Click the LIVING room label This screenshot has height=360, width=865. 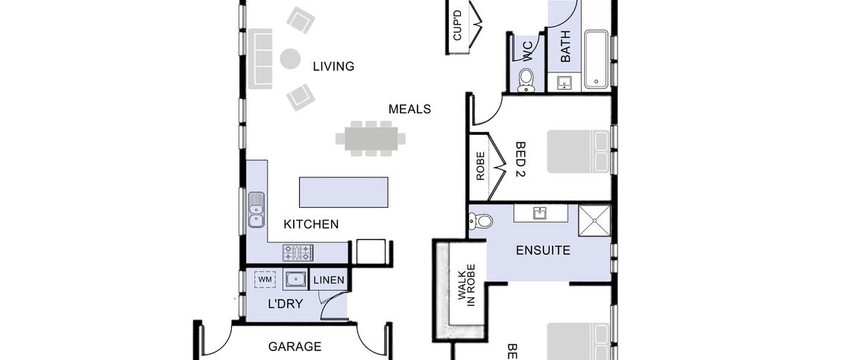pos(333,66)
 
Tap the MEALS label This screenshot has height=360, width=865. pos(409,109)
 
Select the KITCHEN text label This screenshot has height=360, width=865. pos(311,224)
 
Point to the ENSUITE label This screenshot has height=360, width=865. pos(543,250)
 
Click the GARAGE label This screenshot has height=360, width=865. pos(295,347)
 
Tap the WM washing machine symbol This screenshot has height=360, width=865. pos(265,280)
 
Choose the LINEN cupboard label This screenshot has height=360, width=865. pos(329,280)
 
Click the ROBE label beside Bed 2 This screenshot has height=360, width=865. pos(480,166)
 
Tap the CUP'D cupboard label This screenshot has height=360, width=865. pos(458,25)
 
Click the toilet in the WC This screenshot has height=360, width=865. pos(526,78)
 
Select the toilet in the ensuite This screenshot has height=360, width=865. pos(482,221)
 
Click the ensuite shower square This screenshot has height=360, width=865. pos(594,221)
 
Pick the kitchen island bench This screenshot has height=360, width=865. pos(344,192)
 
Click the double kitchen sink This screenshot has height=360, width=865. pos(256,209)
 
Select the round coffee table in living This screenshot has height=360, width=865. pos(290,58)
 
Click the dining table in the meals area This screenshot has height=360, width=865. pos(371,138)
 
